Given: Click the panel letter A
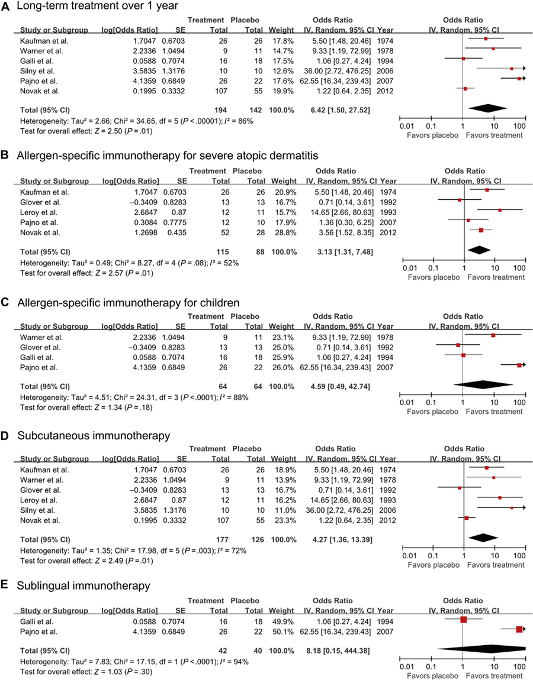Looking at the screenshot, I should click(7, 8).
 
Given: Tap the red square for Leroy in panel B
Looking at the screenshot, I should click(499, 210).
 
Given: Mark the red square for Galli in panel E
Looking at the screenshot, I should click(463, 619).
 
